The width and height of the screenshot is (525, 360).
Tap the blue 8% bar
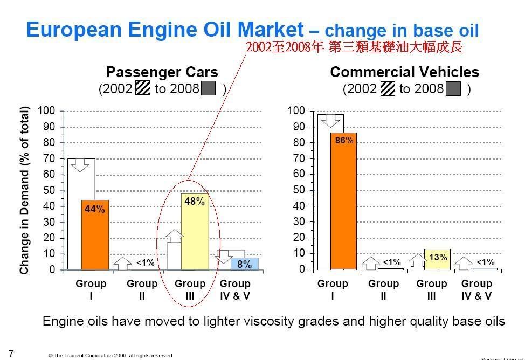[x=244, y=264]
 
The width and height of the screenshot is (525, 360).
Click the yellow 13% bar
[x=437, y=259]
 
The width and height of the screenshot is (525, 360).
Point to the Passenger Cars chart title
[x=162, y=72]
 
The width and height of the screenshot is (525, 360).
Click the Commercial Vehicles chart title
[x=404, y=72]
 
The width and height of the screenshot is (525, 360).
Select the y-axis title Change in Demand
[x=24, y=190]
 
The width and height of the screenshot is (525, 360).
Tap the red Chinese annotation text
[x=354, y=47]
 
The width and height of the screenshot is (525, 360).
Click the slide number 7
[x=11, y=354]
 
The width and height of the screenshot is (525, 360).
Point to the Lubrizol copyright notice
[x=110, y=356]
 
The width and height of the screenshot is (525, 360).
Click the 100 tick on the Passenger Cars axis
[x=46, y=111]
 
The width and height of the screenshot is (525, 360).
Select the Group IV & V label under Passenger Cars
[x=235, y=290]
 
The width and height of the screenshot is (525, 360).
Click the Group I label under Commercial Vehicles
[x=333, y=290]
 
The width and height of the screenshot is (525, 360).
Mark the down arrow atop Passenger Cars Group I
[x=81, y=165]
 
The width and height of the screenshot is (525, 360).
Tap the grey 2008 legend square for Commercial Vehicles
[x=453, y=89]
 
